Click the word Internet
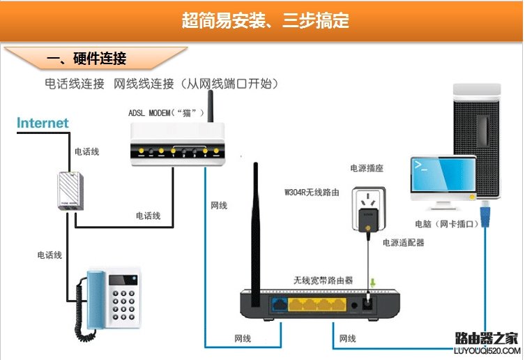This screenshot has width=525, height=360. point(43,123)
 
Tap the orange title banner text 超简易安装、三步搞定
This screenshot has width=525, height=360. point(265,21)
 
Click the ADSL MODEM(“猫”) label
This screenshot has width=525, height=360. point(166,112)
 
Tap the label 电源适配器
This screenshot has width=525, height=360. point(403,243)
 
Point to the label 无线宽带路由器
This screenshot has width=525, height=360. point(323,280)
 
